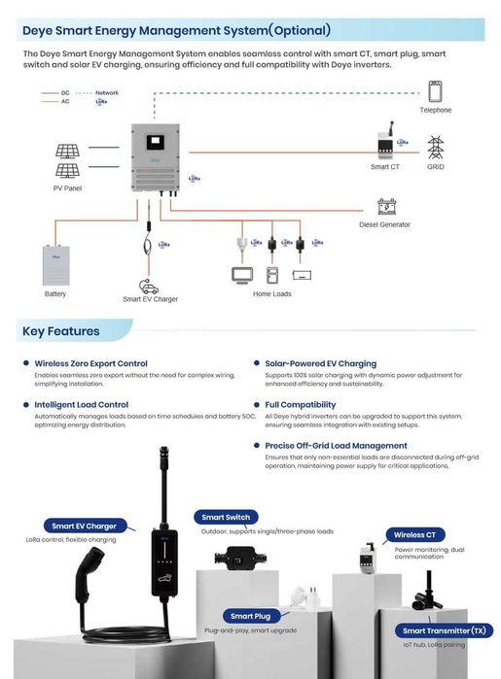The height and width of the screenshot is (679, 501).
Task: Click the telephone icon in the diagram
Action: (x=435, y=91)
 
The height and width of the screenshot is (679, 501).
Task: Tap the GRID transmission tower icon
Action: (x=435, y=148)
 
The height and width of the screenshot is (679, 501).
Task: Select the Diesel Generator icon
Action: (x=386, y=207)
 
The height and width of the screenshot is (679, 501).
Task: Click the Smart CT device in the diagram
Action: (x=384, y=144)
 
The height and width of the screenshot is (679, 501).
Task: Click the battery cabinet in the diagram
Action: (x=55, y=264)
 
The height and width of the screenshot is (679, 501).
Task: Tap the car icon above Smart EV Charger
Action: (x=149, y=287)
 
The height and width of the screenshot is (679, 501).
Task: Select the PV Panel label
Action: (x=67, y=187)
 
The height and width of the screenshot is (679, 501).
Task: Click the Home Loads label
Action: (x=272, y=293)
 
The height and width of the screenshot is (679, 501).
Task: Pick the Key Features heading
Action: (x=61, y=331)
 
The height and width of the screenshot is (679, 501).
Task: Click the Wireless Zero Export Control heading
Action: (x=90, y=363)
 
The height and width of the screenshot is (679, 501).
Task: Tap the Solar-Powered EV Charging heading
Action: (x=320, y=363)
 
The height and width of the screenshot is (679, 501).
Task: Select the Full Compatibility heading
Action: (x=300, y=404)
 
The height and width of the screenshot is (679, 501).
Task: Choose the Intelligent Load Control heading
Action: (x=81, y=404)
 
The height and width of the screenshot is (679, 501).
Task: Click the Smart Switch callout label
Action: (x=226, y=518)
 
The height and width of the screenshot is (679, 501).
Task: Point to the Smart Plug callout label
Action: (x=250, y=616)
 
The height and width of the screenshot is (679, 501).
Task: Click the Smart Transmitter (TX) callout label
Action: (x=447, y=630)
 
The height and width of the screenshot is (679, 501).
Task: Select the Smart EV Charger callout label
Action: (x=84, y=526)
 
